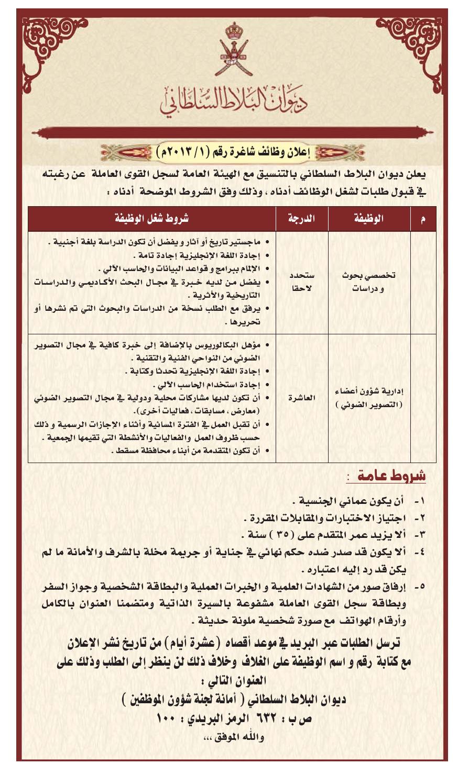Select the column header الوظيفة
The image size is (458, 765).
tap(369, 219)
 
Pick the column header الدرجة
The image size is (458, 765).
tap(302, 219)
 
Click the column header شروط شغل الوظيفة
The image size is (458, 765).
tap(152, 219)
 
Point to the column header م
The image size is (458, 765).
tap(423, 219)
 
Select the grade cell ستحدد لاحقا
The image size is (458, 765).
tap(302, 282)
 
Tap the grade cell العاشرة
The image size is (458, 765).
tap(302, 398)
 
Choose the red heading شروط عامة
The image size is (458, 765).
tap(391, 476)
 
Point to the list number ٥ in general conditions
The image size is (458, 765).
tap(419, 587)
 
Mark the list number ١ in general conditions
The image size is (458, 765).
tap(419, 501)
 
